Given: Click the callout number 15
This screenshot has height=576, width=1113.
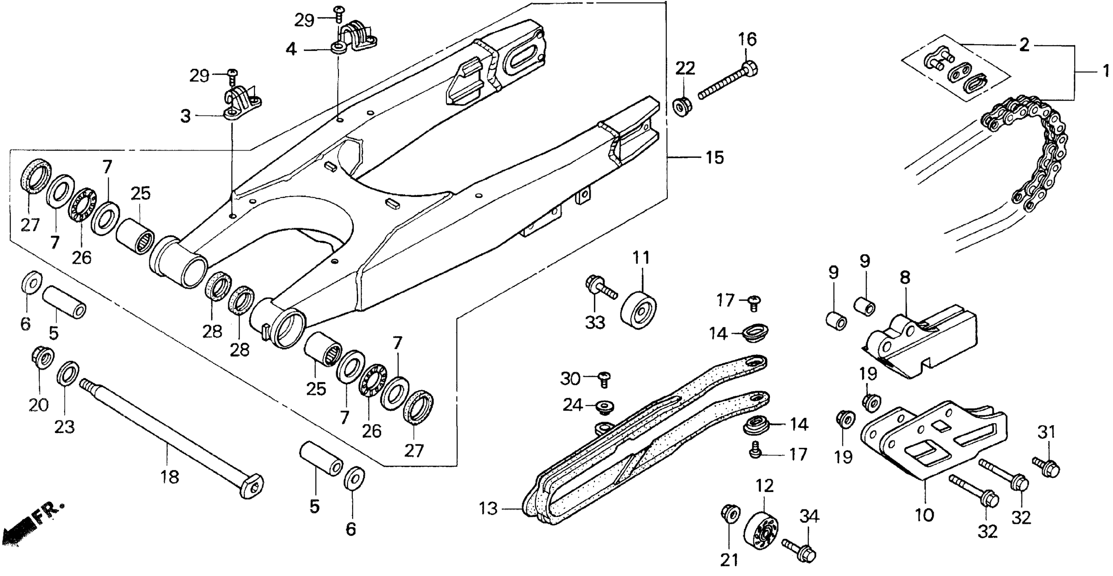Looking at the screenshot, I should point(715,158).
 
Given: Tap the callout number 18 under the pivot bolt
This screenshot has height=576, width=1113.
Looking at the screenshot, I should point(170,477).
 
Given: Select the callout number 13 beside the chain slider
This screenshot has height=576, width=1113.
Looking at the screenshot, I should point(488,509).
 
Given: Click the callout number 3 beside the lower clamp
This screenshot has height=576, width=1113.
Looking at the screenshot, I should point(185,116).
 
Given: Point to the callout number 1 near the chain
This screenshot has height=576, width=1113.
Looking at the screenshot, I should point(1106,70).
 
